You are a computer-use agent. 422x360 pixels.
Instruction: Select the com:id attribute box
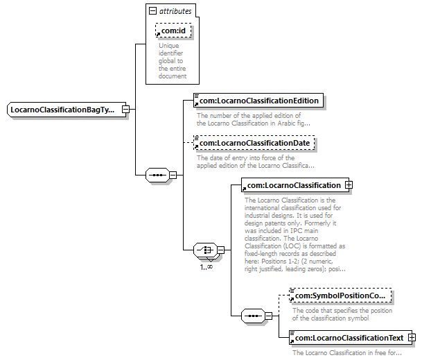click(x=173, y=31)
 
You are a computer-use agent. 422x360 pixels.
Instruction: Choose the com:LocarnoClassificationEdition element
click(x=258, y=101)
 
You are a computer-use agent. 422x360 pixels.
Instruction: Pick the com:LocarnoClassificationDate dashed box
click(x=254, y=144)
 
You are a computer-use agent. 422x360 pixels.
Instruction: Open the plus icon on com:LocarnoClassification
click(x=349, y=185)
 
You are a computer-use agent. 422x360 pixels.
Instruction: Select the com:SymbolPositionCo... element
click(x=340, y=296)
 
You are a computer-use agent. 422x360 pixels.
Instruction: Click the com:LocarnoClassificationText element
click(x=347, y=338)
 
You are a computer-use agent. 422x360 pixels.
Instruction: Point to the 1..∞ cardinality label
click(x=206, y=266)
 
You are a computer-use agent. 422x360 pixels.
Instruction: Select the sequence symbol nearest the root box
click(x=158, y=175)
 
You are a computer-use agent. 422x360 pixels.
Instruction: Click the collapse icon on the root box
click(x=125, y=110)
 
